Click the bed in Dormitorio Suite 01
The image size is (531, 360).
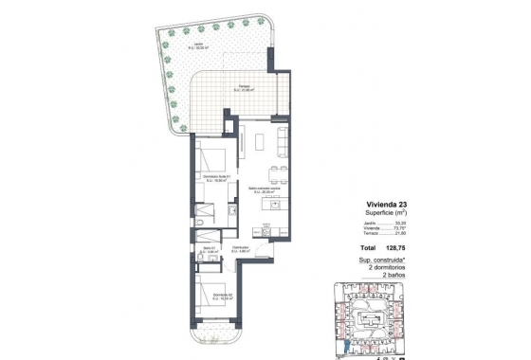pos(214,157)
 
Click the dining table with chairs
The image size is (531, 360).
pos(276,171)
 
